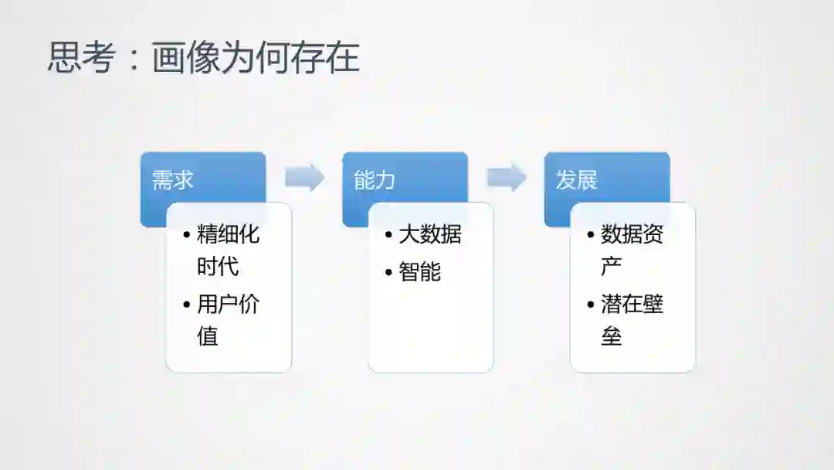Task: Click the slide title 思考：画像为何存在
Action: coord(204,58)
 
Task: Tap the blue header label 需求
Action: coord(172,181)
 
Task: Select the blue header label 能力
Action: coord(375,181)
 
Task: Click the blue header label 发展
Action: coord(577,181)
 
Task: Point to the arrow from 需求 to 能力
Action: coord(304,178)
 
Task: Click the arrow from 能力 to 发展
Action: coord(507,178)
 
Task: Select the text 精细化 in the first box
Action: coord(229,234)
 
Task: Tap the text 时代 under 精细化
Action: coord(218,267)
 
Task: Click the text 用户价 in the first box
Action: coord(229,304)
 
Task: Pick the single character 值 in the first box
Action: coord(208,336)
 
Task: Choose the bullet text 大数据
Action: coord(430,234)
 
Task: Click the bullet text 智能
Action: coord(419,271)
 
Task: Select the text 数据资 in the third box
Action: coord(632,234)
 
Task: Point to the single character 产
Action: coord(612,267)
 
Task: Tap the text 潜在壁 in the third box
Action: coord(632,304)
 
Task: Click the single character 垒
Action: coord(612,336)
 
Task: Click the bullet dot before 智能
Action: coord(388,272)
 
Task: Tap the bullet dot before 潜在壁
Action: coord(591,305)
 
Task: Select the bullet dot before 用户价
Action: coord(187,305)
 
